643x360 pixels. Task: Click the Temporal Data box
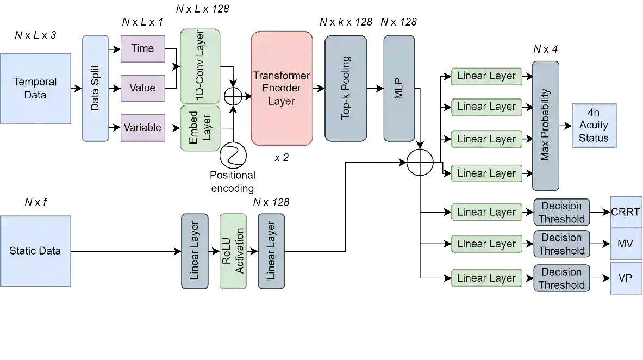(x=36, y=89)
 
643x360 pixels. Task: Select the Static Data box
(x=36, y=251)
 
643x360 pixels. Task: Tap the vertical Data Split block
(x=95, y=89)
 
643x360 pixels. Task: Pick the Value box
(x=142, y=88)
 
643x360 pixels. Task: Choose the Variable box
(x=142, y=128)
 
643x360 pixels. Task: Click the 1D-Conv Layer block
(x=199, y=66)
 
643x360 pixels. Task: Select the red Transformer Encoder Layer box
(x=282, y=89)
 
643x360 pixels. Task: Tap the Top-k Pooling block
(x=346, y=89)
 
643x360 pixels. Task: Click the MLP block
(x=399, y=89)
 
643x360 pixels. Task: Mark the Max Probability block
(x=546, y=126)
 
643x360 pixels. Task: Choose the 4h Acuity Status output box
(x=593, y=125)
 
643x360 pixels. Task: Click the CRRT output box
(x=626, y=212)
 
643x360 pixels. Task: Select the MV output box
(x=626, y=244)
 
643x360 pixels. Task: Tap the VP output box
(x=626, y=278)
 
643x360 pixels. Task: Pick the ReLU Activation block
(x=233, y=251)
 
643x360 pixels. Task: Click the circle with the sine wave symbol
(x=233, y=155)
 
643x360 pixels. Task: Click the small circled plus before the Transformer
(x=233, y=96)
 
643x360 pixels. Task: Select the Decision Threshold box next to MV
(x=561, y=244)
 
